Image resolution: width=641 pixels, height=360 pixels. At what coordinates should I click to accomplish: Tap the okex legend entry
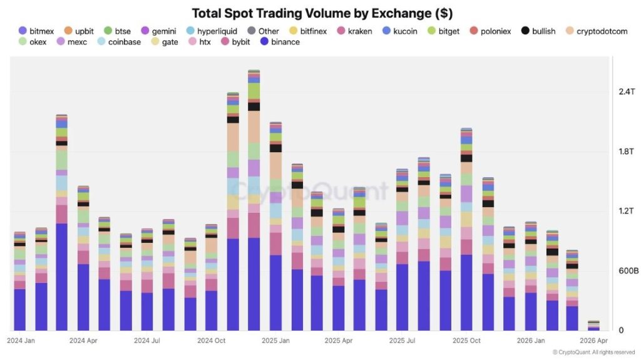[38, 42]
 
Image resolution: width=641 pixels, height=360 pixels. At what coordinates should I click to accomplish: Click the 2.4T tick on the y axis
[627, 91]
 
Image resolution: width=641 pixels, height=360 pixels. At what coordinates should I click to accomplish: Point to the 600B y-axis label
[628, 271]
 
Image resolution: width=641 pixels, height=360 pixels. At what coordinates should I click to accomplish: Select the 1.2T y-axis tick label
[627, 211]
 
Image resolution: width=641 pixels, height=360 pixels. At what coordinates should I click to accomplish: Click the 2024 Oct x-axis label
[211, 341]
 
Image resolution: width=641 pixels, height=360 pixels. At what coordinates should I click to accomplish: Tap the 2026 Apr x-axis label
[593, 341]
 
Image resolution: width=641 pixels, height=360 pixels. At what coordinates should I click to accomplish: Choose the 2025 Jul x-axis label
[403, 341]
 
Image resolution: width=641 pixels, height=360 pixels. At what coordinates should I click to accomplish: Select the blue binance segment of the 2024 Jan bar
[20, 310]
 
